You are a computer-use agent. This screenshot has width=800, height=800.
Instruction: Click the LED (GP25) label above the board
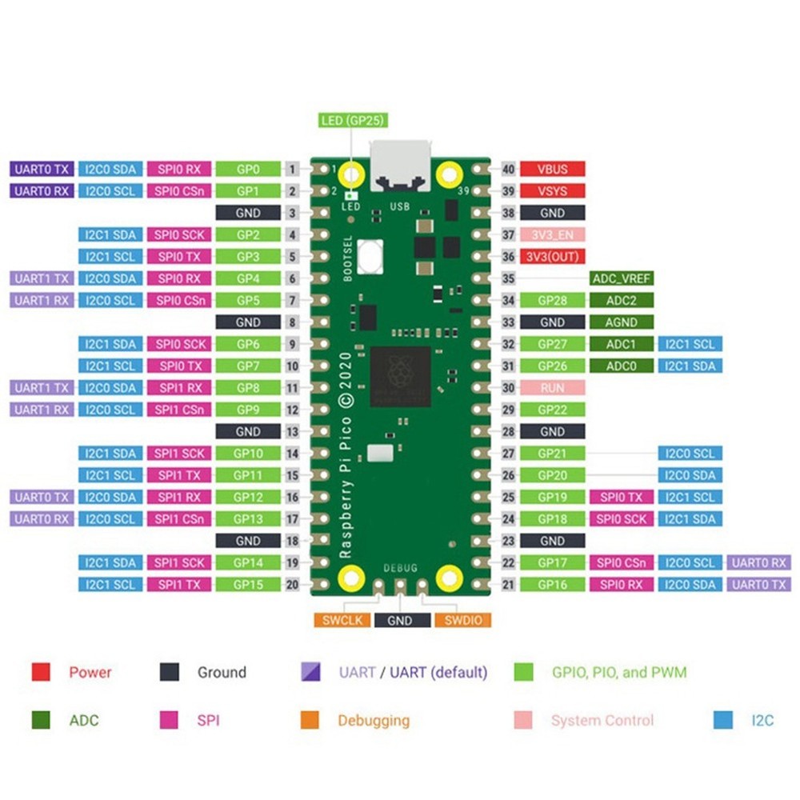coord(353,121)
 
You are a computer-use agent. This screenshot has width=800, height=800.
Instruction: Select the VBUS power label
coord(552,170)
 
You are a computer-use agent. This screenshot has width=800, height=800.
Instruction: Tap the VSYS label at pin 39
coord(552,191)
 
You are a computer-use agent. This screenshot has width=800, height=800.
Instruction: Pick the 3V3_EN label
coord(552,235)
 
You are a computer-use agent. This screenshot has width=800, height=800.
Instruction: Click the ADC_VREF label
coord(621,278)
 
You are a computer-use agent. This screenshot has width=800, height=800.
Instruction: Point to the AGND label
coord(621,322)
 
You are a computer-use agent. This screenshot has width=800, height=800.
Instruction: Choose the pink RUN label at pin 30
coord(552,388)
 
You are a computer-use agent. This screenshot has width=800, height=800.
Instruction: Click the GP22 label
coord(552,410)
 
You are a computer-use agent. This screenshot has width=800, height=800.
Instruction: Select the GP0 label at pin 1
coord(248,170)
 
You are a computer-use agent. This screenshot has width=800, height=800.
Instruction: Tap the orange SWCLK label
coord(342,620)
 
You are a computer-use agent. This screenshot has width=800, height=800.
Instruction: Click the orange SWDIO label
coord(462,620)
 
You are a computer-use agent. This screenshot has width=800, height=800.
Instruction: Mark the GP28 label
coord(552,301)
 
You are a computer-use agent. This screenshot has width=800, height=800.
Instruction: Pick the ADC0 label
coord(621,366)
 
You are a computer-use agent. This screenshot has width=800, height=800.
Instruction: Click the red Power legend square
coord(41,672)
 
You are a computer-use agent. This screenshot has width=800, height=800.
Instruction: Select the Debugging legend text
coord(373,721)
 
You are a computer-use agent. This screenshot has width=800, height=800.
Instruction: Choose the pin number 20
coord(293,585)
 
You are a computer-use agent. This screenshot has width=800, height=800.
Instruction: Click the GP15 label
coord(248,585)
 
